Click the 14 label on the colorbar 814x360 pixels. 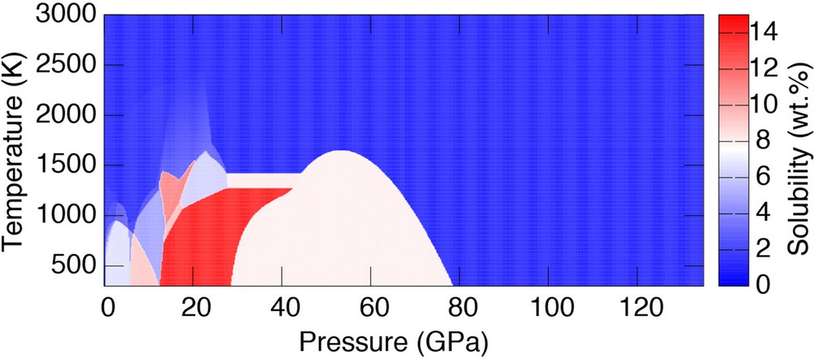pos(764,32)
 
